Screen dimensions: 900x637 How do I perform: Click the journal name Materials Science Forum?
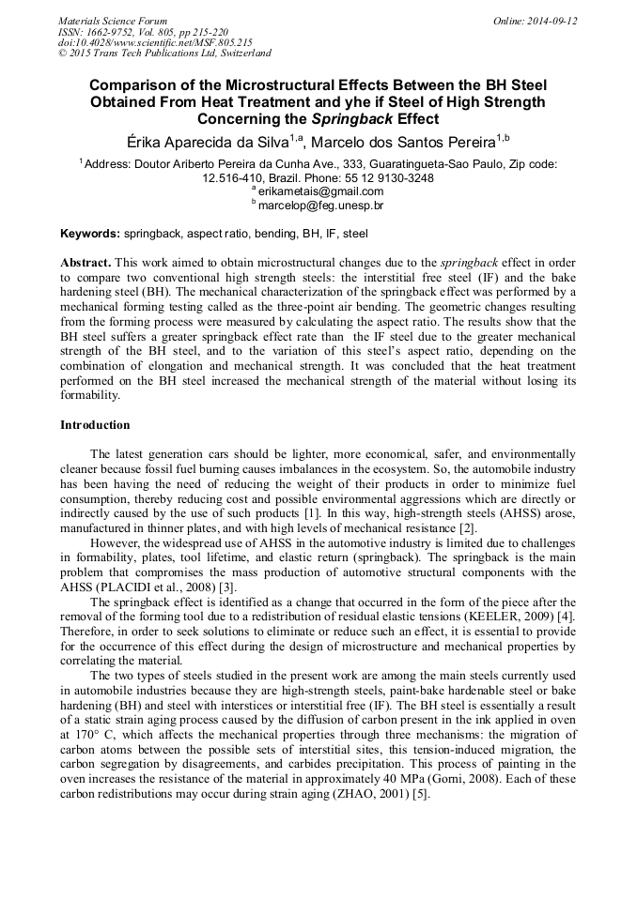pyautogui.click(x=113, y=20)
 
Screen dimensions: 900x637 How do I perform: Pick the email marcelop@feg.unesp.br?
pyautogui.click(x=320, y=205)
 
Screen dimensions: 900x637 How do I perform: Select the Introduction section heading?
pyautogui.click(x=95, y=425)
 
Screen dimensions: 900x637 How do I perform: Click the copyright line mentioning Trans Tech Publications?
pyautogui.click(x=164, y=53)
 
